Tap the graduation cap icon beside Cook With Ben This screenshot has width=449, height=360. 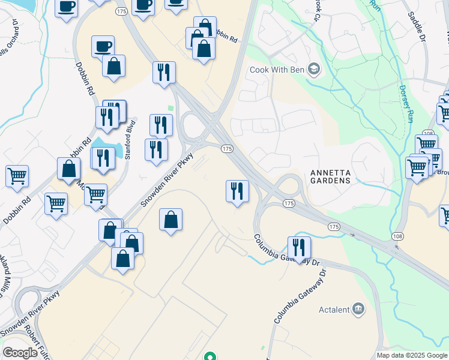(313, 70)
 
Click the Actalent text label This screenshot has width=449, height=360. (334, 310)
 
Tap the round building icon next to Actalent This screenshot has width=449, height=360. (358, 309)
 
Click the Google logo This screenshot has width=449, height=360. (20, 353)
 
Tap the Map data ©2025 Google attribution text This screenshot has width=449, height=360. (412, 355)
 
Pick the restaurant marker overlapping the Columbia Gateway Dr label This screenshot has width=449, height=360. (298, 247)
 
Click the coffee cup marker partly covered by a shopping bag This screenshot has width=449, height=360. (103, 46)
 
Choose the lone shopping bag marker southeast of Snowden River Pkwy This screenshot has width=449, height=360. (171, 220)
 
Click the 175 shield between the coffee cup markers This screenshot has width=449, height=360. (122, 11)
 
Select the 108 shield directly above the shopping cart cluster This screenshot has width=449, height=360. (428, 133)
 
